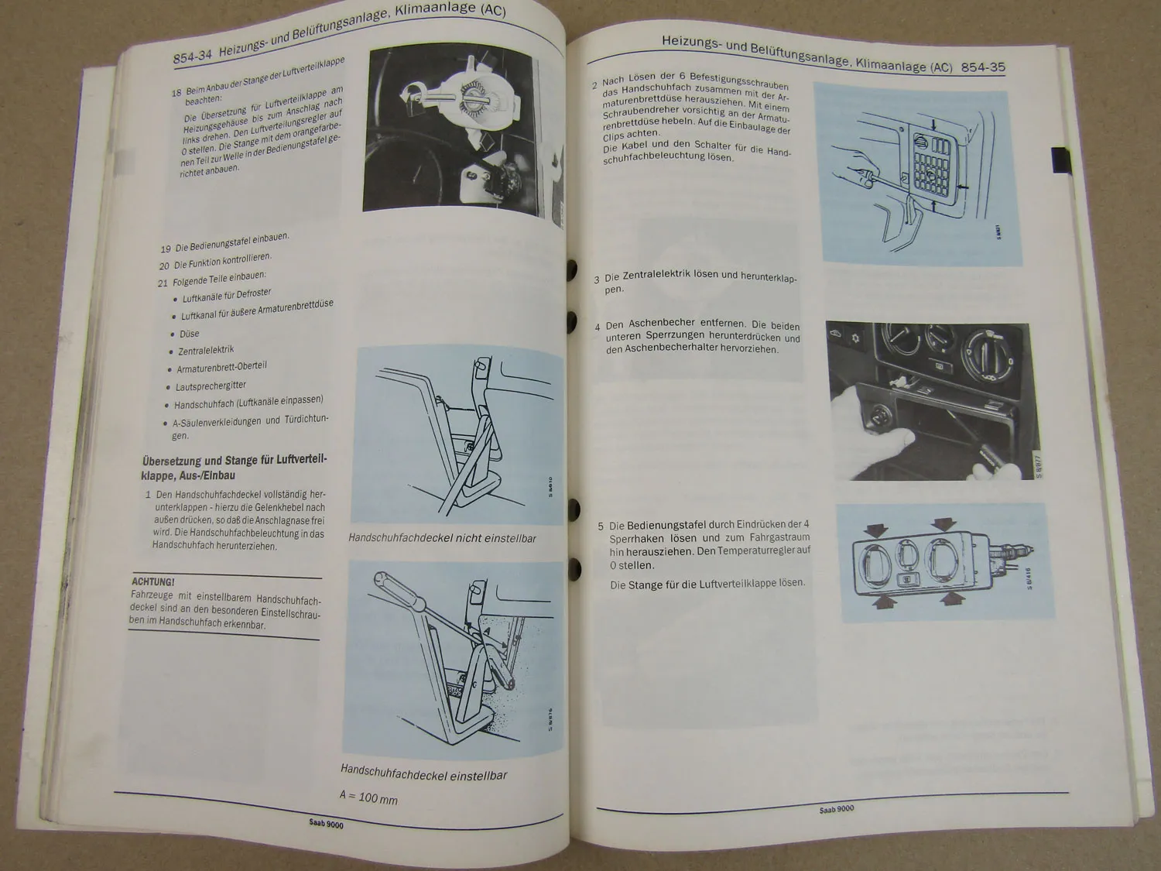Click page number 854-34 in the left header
pos(192,56)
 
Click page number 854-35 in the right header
pos(982,67)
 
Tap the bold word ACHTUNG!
pos(152,581)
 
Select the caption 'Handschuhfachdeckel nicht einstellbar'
pos(441,538)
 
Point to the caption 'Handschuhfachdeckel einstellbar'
pos(423,774)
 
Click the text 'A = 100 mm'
pos(368,796)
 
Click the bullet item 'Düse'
pos(189,334)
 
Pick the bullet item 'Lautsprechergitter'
pos(210,385)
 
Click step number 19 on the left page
pos(165,249)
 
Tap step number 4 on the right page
pos(597,327)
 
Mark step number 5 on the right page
pos(601,526)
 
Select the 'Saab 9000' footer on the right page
pos(836,810)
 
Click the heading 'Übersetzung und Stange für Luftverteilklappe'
pos(234,468)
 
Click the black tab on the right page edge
pos(1060,159)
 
